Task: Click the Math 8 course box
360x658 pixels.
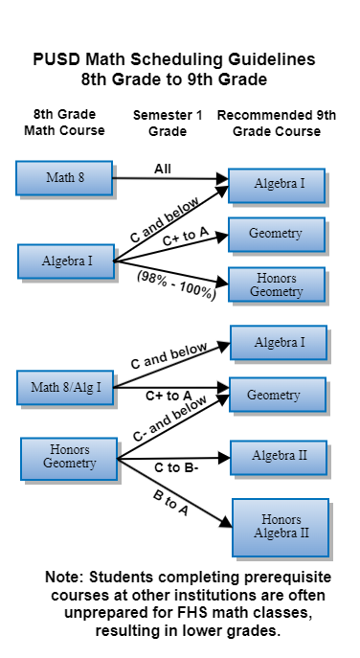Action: [64, 177]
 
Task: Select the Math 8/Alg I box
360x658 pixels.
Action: [65, 388]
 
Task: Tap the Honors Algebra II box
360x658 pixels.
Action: [281, 525]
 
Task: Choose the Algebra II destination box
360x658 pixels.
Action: [279, 456]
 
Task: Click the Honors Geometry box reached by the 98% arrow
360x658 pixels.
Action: [277, 284]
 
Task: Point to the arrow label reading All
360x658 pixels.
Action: [163, 169]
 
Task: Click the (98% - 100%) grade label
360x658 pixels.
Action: [176, 284]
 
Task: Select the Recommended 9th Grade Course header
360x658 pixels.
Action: [277, 122]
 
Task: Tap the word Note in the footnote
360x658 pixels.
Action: [64, 578]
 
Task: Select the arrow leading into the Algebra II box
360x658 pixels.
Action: [191, 459]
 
